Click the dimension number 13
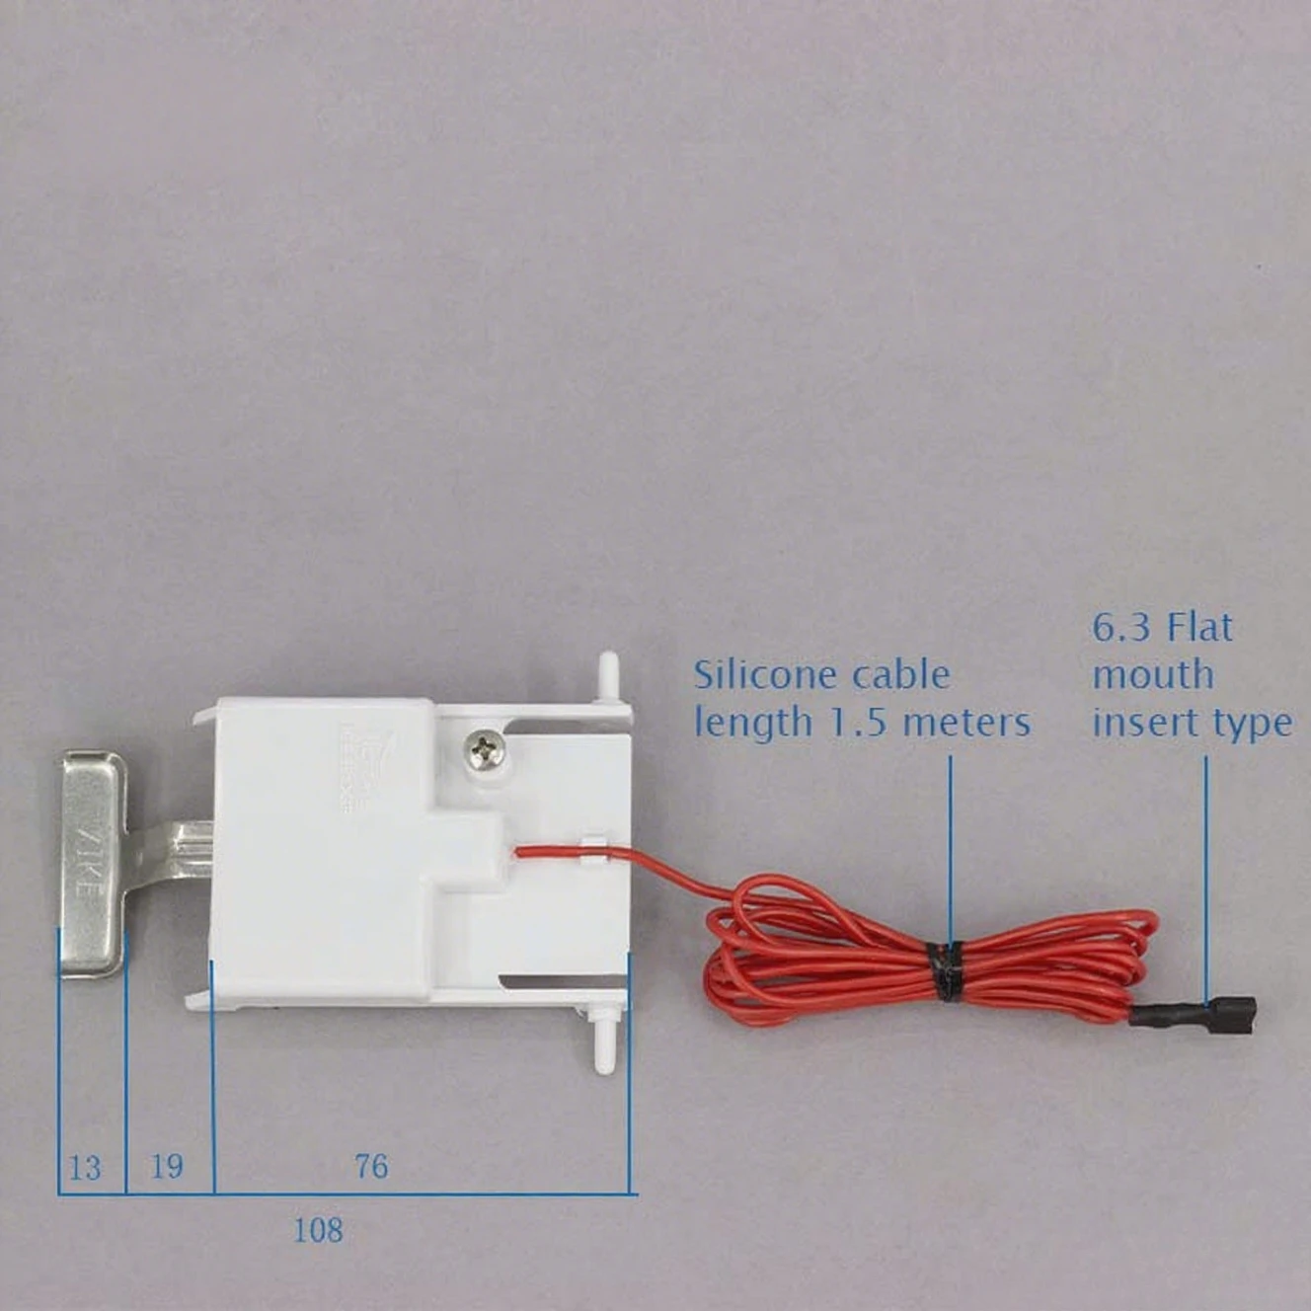click(85, 1168)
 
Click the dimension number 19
click(167, 1166)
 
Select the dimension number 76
click(371, 1166)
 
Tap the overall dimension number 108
click(318, 1230)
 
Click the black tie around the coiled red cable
click(949, 970)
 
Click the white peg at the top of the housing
click(608, 675)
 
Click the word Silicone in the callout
click(762, 676)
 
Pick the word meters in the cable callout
click(966, 724)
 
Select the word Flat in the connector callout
click(1199, 628)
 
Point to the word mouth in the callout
click(1152, 676)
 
